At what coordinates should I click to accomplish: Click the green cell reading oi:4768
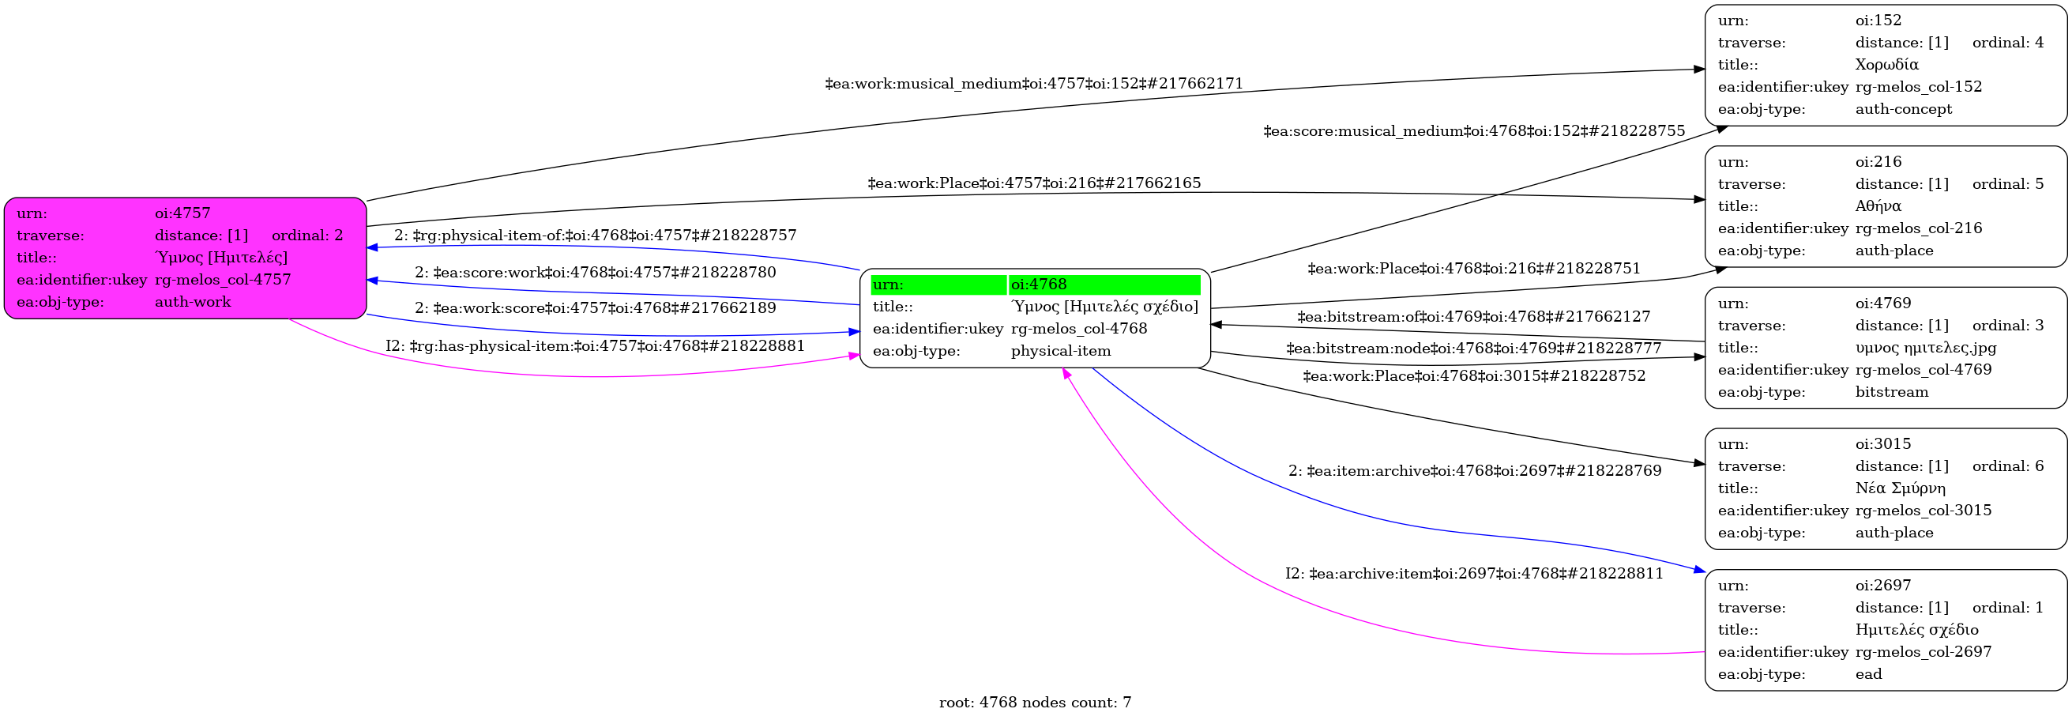click(x=1103, y=285)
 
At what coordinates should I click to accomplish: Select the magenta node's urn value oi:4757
click(x=182, y=213)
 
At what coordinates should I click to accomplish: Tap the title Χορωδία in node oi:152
click(x=1886, y=64)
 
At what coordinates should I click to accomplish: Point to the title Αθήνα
click(x=1878, y=206)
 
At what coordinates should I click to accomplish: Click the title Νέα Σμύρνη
click(x=1900, y=488)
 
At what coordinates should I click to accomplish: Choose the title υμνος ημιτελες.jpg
click(x=1926, y=348)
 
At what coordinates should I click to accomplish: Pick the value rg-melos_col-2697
click(x=1923, y=651)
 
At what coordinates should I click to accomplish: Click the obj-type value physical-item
click(x=1060, y=351)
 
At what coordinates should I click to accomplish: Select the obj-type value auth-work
click(x=192, y=302)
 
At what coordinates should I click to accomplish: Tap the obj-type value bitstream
click(x=1892, y=392)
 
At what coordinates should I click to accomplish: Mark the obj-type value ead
click(x=1868, y=674)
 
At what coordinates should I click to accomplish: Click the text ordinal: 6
click(x=2008, y=466)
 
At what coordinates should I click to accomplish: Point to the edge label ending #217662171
click(x=1033, y=84)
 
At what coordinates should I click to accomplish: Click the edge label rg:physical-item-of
click(x=596, y=236)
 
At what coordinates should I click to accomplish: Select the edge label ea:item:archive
click(x=1474, y=470)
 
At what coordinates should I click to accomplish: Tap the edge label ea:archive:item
click(x=1473, y=574)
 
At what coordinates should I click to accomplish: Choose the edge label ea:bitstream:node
click(x=1473, y=349)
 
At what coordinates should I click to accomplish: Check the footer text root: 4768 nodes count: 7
click(x=1034, y=703)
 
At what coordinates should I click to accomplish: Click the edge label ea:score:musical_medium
click(x=1473, y=131)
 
